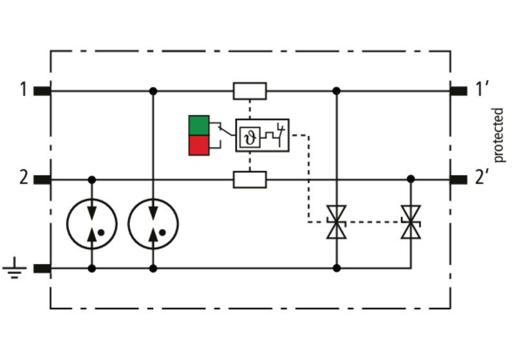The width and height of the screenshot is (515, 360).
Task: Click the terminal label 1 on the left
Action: (x=23, y=90)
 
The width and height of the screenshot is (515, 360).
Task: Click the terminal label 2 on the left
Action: (x=24, y=178)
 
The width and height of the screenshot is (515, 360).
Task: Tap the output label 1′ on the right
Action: (x=482, y=89)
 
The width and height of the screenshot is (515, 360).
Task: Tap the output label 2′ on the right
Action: (x=482, y=178)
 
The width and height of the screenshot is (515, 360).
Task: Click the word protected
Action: (x=498, y=135)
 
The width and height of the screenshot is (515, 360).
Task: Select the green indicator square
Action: (x=199, y=125)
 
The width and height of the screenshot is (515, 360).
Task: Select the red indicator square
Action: (x=199, y=145)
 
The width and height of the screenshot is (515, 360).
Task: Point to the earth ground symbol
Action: (x=14, y=268)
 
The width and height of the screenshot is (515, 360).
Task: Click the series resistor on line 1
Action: (x=250, y=91)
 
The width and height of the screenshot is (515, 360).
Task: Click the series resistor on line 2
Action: (x=250, y=180)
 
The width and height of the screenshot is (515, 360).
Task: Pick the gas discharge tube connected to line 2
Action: (x=92, y=223)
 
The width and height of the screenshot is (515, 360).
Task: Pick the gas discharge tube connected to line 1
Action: (x=153, y=223)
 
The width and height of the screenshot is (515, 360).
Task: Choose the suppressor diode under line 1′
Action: (x=336, y=222)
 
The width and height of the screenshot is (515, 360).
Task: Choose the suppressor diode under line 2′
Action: (x=411, y=222)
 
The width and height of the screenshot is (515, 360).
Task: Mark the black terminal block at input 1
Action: (x=42, y=91)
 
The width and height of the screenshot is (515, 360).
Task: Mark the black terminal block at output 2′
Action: (x=458, y=180)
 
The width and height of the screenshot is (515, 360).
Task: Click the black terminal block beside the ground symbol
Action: (x=42, y=269)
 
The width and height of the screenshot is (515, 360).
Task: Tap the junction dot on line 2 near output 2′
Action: (x=411, y=179)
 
